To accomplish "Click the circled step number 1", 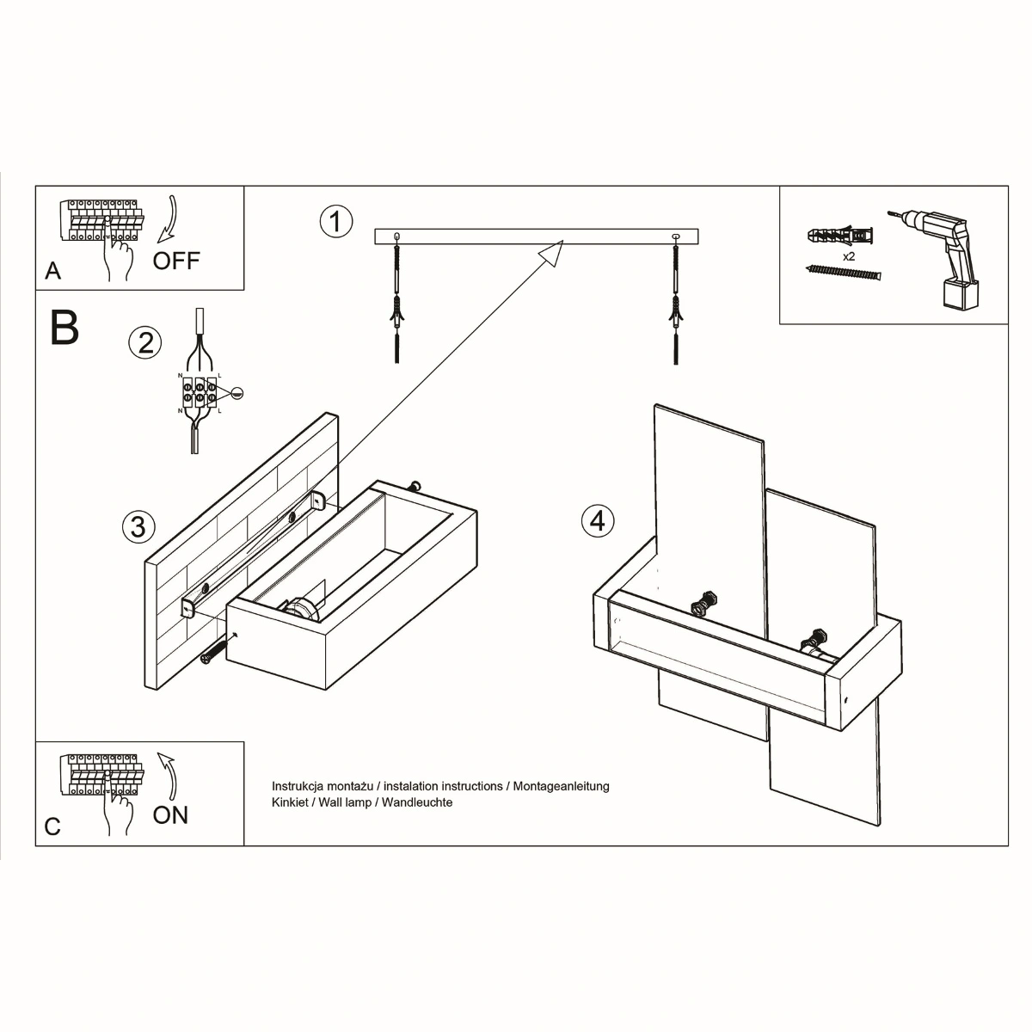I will [336, 221].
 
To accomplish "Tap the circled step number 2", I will [144, 342].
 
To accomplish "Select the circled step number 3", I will [138, 525].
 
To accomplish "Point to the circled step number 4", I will [598, 520].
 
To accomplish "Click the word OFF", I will [176, 261].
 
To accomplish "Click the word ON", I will [170, 814].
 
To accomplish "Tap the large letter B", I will [65, 327].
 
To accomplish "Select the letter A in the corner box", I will [53, 271].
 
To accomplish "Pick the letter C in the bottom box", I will [53, 826].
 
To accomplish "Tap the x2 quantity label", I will [848, 256].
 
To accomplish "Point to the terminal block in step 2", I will [200, 395].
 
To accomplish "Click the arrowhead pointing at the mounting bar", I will [550, 253].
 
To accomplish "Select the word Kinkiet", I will [290, 802].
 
